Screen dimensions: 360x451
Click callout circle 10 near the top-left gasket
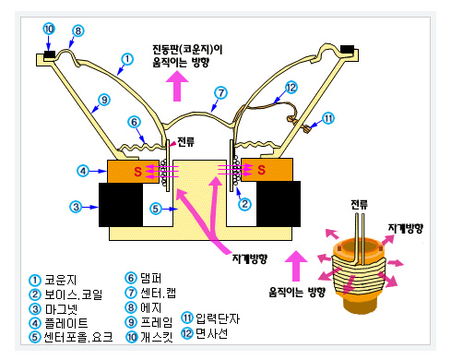click(x=48, y=29)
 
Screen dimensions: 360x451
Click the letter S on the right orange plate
click(x=263, y=171)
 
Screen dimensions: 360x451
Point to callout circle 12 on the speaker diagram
click(x=291, y=89)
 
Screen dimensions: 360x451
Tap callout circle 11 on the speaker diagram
click(x=327, y=118)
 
